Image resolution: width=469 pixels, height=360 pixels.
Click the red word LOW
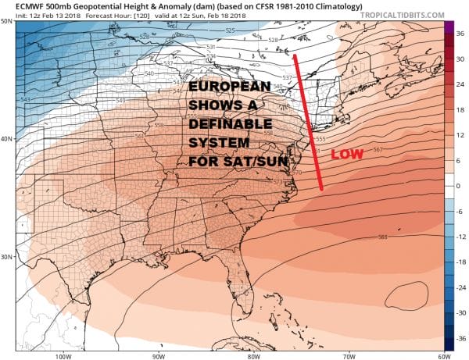347,155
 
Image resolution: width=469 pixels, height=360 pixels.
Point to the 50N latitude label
7,20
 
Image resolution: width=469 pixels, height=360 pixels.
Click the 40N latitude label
7,139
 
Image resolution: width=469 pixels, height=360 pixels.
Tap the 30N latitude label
7,257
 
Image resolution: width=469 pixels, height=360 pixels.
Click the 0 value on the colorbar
459,187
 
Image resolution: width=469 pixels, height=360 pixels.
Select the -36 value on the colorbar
460,337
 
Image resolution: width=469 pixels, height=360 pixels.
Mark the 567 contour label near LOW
378,149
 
